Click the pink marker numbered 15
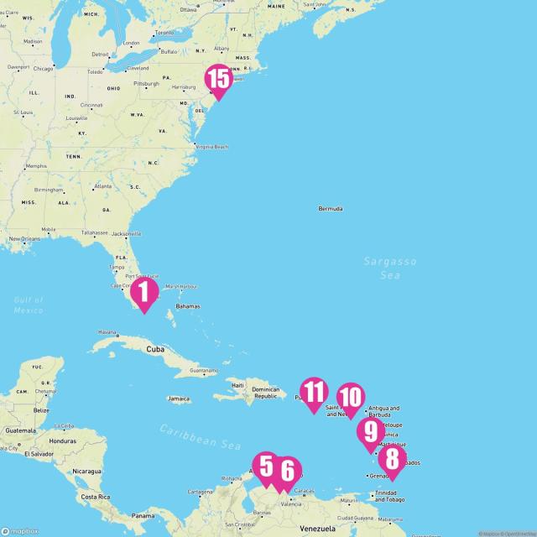click(218, 80)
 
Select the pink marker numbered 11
click(314, 392)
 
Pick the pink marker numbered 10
click(351, 397)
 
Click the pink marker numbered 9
click(369, 432)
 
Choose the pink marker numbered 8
click(391, 459)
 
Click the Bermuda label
click(330, 208)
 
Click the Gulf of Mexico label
click(29, 305)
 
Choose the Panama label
click(143, 513)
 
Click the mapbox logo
click(20, 530)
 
